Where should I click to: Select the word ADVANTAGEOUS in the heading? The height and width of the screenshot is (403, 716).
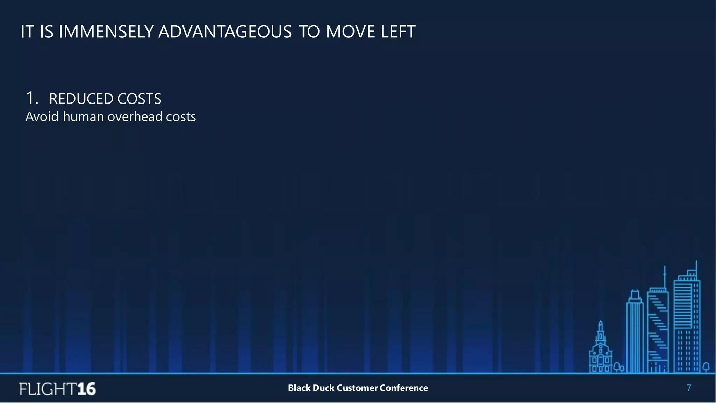point(225,32)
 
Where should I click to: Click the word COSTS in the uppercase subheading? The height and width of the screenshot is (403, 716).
point(139,99)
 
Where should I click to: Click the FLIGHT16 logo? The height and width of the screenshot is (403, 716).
point(58,389)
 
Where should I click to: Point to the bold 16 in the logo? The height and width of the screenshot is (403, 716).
point(86,389)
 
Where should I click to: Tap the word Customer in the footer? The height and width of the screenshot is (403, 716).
point(357,388)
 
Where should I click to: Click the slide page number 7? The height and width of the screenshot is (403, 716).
point(689,388)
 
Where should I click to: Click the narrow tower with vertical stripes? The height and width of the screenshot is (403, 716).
point(635,332)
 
